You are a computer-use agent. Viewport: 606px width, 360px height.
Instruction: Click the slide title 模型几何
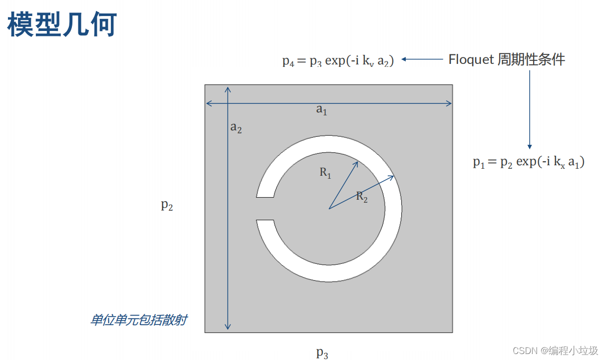pyautogui.click(x=62, y=25)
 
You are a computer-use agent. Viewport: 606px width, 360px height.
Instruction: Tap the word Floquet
pyautogui.click(x=471, y=59)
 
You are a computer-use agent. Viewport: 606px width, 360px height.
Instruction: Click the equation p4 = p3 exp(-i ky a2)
pyautogui.click(x=338, y=61)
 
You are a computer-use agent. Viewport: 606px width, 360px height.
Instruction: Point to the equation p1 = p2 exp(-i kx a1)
pyautogui.click(x=529, y=162)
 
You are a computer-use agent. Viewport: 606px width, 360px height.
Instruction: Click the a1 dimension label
pyautogui.click(x=321, y=110)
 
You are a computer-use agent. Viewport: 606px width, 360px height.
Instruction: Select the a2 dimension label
pyautogui.click(x=236, y=128)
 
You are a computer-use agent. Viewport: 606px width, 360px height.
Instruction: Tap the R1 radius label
pyautogui.click(x=325, y=173)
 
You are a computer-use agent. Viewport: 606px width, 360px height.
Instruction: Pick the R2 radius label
pyautogui.click(x=362, y=197)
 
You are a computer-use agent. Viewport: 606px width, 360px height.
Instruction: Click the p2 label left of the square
pyautogui.click(x=167, y=205)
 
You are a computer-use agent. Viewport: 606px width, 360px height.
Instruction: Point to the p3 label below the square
pyautogui.click(x=322, y=353)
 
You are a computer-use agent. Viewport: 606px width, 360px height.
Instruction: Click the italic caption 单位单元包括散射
pyautogui.click(x=138, y=320)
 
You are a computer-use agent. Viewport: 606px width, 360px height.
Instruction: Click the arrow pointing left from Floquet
pyautogui.click(x=422, y=59)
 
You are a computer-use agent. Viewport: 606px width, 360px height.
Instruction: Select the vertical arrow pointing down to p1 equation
pyautogui.click(x=530, y=110)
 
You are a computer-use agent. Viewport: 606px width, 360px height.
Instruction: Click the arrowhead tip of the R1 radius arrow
pyautogui.click(x=358, y=161)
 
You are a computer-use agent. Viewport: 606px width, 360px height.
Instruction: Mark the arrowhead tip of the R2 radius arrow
pyautogui.click(x=394, y=176)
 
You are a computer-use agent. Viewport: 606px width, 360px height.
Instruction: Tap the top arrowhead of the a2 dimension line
pyautogui.click(x=228, y=88)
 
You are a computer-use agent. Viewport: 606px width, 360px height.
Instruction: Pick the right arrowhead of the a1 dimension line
pyautogui.click(x=451, y=103)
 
